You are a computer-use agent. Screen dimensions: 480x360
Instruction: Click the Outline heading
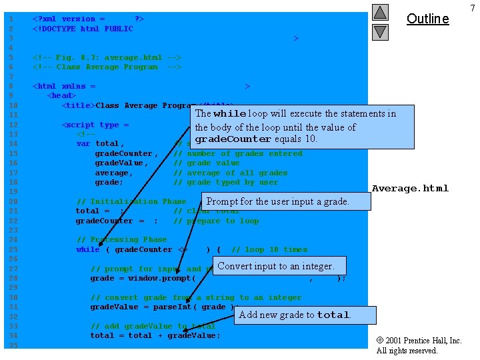pyautogui.click(x=427, y=19)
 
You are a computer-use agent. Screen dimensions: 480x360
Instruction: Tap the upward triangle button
pyautogui.click(x=380, y=13)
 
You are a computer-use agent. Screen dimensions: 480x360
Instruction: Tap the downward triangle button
pyautogui.click(x=380, y=31)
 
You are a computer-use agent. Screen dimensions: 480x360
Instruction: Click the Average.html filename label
pyautogui.click(x=410, y=188)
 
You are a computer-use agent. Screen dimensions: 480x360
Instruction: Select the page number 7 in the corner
pyautogui.click(x=472, y=7)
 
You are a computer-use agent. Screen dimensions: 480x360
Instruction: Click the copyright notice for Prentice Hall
pyautogui.click(x=419, y=345)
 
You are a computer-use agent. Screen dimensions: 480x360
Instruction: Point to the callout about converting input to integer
pyautogui.click(x=276, y=266)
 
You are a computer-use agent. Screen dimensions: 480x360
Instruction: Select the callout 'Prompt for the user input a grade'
pyautogui.click(x=278, y=201)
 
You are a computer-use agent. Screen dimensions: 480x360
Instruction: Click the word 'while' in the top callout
pyautogui.click(x=229, y=114)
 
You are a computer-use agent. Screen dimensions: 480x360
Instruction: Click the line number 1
pyautogui.click(x=11, y=19)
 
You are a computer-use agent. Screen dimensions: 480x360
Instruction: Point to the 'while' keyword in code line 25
pyautogui.click(x=88, y=249)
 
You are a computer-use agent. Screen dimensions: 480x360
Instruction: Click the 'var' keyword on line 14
pyautogui.click(x=83, y=143)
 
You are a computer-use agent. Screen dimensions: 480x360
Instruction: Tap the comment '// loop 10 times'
pyautogui.click(x=269, y=249)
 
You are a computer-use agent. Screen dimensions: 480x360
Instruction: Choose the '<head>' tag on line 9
pyautogui.click(x=61, y=95)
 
